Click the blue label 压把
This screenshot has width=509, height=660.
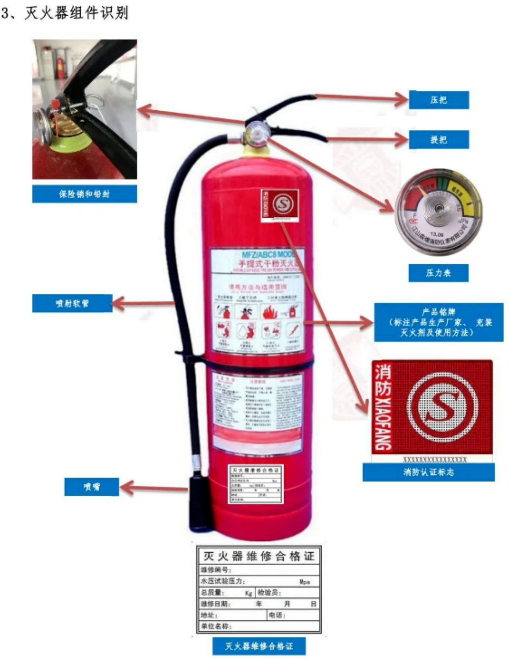point(439,100)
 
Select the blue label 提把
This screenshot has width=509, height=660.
point(439,140)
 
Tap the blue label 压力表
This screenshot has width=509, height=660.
point(438,273)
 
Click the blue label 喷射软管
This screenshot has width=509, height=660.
point(72,303)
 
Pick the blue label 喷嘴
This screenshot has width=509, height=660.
point(91,487)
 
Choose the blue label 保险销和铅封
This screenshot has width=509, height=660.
point(84,194)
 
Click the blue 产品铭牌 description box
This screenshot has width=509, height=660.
point(439,322)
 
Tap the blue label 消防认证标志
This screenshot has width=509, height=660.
point(428,472)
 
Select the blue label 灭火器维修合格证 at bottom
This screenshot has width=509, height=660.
point(259,646)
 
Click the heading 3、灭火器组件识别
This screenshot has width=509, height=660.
point(64,13)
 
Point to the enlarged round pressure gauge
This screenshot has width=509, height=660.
point(439,211)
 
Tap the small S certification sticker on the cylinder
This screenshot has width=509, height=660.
point(280,205)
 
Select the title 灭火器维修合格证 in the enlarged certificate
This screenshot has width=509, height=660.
point(259,556)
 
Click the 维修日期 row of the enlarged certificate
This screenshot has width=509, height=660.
point(259,604)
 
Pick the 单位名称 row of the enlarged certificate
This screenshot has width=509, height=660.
point(259,626)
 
